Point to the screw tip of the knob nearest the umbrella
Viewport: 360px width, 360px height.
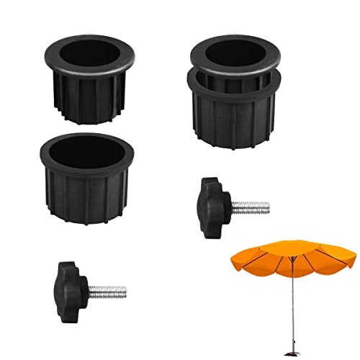coord(268,209)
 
